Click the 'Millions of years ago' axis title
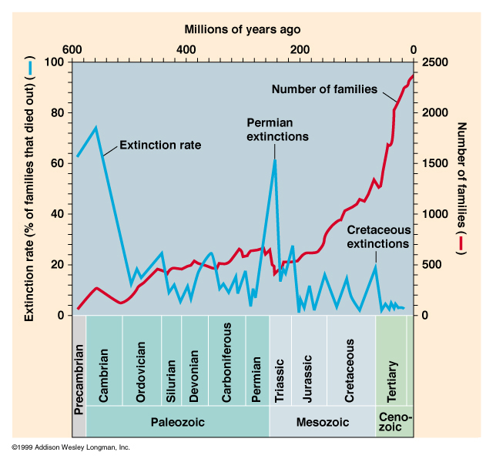[243, 29]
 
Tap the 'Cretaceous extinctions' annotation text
[377, 236]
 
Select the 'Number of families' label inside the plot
[324, 89]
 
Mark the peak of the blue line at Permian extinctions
[275, 159]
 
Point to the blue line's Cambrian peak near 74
[96, 128]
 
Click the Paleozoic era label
[178, 422]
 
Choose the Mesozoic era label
[322, 422]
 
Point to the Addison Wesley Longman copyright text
[70, 447]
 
